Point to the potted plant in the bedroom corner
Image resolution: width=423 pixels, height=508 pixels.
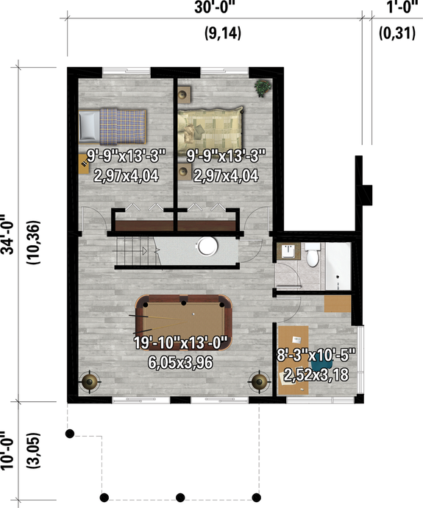pyautogui.click(x=262, y=88)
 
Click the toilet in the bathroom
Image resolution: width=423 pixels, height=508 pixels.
pyautogui.click(x=313, y=257)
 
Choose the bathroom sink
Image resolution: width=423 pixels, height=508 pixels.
pyautogui.click(x=288, y=252)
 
